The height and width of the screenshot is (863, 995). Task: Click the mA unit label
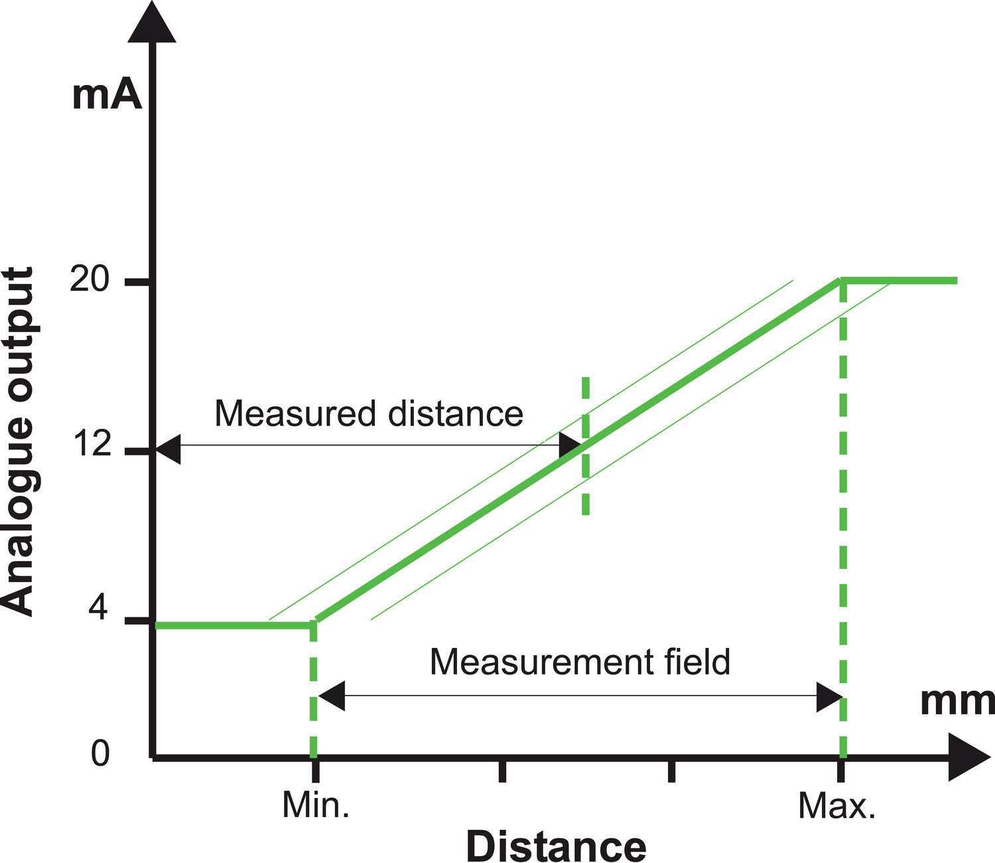click(107, 95)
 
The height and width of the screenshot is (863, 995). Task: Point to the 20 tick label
click(89, 280)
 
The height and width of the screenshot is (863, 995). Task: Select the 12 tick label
click(91, 443)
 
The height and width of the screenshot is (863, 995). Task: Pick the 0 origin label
click(100, 753)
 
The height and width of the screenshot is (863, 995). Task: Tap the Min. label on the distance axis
click(316, 805)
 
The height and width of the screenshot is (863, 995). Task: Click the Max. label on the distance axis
click(836, 806)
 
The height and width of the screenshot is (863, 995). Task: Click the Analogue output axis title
click(18, 441)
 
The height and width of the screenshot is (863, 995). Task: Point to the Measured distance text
click(369, 414)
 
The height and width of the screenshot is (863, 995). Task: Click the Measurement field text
click(580, 662)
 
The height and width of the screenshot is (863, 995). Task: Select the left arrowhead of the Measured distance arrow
click(168, 449)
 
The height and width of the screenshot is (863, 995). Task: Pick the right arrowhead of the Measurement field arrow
click(829, 696)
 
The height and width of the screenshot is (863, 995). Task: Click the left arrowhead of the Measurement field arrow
click(332, 696)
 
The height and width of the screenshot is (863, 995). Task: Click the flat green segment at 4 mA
click(232, 625)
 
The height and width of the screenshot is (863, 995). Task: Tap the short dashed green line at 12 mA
click(585, 445)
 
